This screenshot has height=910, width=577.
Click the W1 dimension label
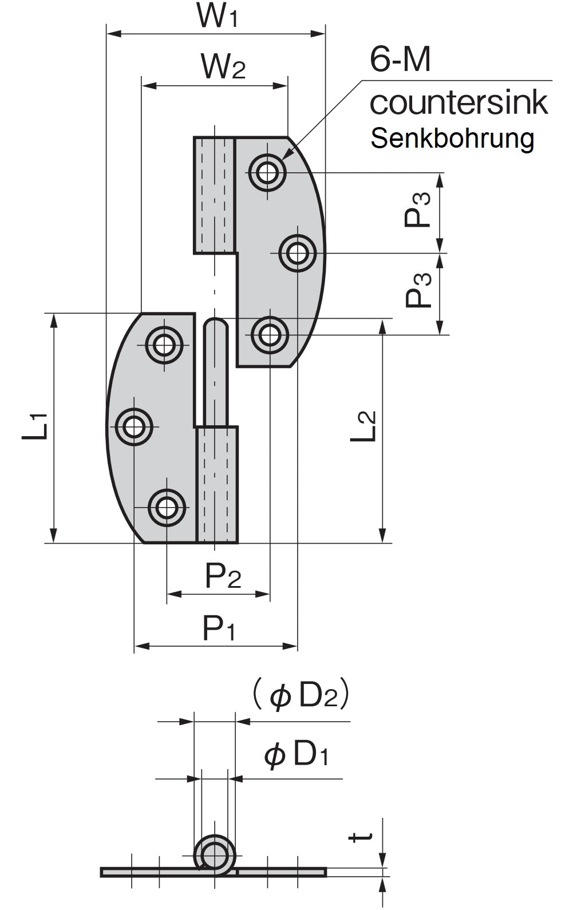pyautogui.click(x=217, y=15)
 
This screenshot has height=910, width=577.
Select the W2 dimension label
pyautogui.click(x=223, y=67)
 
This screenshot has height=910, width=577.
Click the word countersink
pyautogui.click(x=459, y=103)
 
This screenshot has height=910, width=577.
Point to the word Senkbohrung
pyautogui.click(x=452, y=139)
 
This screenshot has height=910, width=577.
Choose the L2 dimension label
pyautogui.click(x=364, y=426)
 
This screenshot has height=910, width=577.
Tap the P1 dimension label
pyautogui.click(x=219, y=628)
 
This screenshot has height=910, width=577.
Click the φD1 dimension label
pyautogui.click(x=297, y=755)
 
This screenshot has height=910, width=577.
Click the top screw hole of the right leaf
pyautogui.click(x=267, y=171)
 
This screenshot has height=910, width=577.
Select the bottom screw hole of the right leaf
pyautogui.click(x=270, y=334)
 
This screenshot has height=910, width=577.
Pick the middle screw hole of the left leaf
pyautogui.click(x=134, y=426)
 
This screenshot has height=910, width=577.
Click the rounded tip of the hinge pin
pyautogui.click(x=216, y=325)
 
